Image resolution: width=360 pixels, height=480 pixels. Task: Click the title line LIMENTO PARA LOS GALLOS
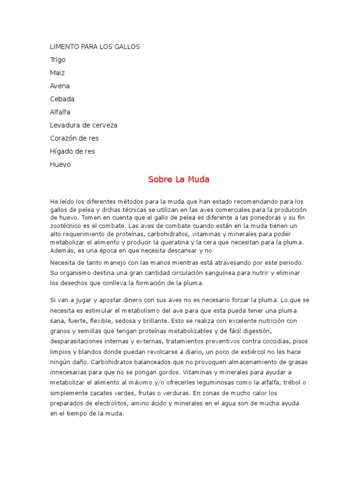click(x=95, y=47)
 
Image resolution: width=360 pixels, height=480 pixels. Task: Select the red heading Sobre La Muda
click(x=179, y=180)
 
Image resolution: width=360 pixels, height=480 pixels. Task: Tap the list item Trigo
click(x=58, y=60)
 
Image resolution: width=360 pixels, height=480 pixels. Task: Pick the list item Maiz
click(x=57, y=73)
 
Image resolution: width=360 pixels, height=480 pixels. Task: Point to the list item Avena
click(x=60, y=86)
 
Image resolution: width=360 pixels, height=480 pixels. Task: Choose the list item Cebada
click(x=62, y=99)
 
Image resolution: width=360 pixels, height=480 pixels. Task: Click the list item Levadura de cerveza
click(x=83, y=126)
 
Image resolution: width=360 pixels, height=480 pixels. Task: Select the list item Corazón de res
click(x=74, y=139)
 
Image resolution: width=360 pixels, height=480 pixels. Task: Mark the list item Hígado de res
click(x=72, y=152)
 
